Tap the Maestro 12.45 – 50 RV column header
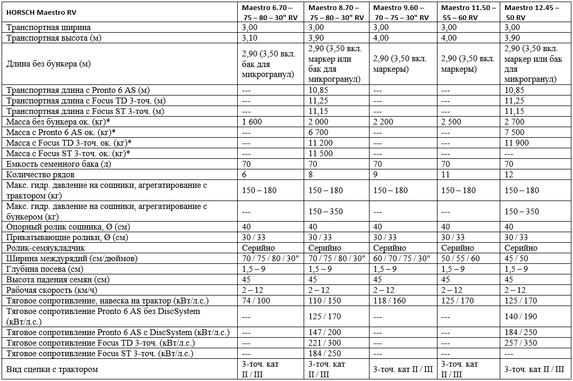(534, 13)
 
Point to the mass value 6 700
(319, 132)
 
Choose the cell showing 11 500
(321, 154)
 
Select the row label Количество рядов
(40, 175)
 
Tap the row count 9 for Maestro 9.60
(376, 175)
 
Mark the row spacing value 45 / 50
(517, 259)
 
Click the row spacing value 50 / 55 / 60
(461, 259)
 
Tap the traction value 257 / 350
(521, 343)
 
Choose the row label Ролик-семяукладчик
(45, 248)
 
